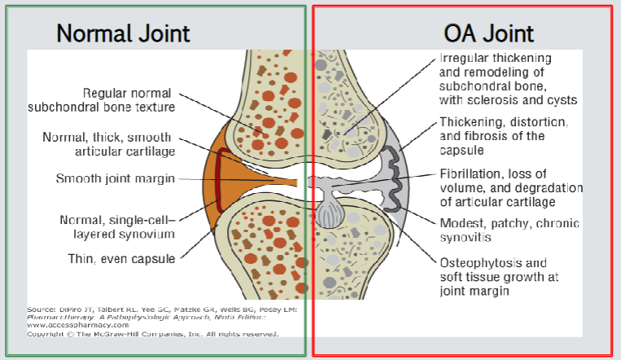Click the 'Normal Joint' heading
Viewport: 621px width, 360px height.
pyautogui.click(x=124, y=33)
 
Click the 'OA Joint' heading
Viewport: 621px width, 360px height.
pyautogui.click(x=488, y=33)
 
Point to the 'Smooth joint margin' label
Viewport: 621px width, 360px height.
pyautogui.click(x=115, y=178)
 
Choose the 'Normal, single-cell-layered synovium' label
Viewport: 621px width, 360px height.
pyautogui.click(x=117, y=226)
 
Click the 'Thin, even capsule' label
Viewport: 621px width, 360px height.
pyautogui.click(x=121, y=259)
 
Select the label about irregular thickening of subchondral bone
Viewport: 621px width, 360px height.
pyautogui.click(x=508, y=79)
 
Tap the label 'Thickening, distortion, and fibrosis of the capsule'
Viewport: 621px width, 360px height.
pyautogui.click(x=504, y=135)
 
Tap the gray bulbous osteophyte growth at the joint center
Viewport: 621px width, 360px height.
pyautogui.click(x=329, y=213)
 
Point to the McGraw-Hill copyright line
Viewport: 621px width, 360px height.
pyautogui.click(x=152, y=334)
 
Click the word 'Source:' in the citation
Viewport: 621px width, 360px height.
pyautogui.click(x=41, y=310)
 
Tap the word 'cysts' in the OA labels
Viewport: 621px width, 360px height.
pyautogui.click(x=562, y=100)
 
